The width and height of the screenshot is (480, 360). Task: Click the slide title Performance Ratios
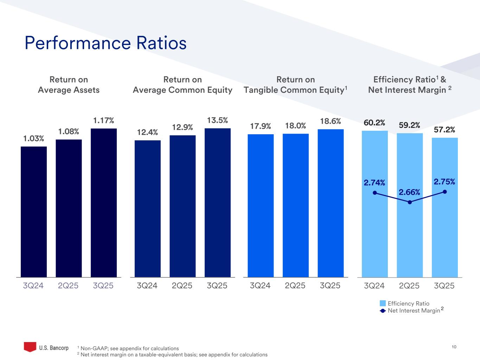point(105,43)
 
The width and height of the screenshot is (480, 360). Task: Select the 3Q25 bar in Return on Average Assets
point(104,202)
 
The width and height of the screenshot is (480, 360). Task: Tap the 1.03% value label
point(34,139)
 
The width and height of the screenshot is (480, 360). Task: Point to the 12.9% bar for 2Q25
point(183,206)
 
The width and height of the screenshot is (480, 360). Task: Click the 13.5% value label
point(217,121)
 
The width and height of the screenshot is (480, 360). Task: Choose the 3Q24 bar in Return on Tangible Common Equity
point(261,205)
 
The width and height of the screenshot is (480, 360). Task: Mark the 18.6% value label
point(331,121)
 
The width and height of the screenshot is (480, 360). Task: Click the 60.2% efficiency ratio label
point(375,123)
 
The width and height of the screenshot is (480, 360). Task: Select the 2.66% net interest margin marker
point(410,202)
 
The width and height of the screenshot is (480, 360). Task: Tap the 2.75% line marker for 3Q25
point(445,192)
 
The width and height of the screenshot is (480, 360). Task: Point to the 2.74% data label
point(375,182)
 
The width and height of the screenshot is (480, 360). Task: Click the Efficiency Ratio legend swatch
point(383,303)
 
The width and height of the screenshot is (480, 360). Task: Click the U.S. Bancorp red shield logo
point(30,347)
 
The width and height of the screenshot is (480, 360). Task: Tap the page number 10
point(454,347)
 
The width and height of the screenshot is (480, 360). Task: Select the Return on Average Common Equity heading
point(183,85)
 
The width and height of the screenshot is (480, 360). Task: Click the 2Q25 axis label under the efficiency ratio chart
point(409,286)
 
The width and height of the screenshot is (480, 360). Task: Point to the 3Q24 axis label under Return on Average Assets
point(33,285)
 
